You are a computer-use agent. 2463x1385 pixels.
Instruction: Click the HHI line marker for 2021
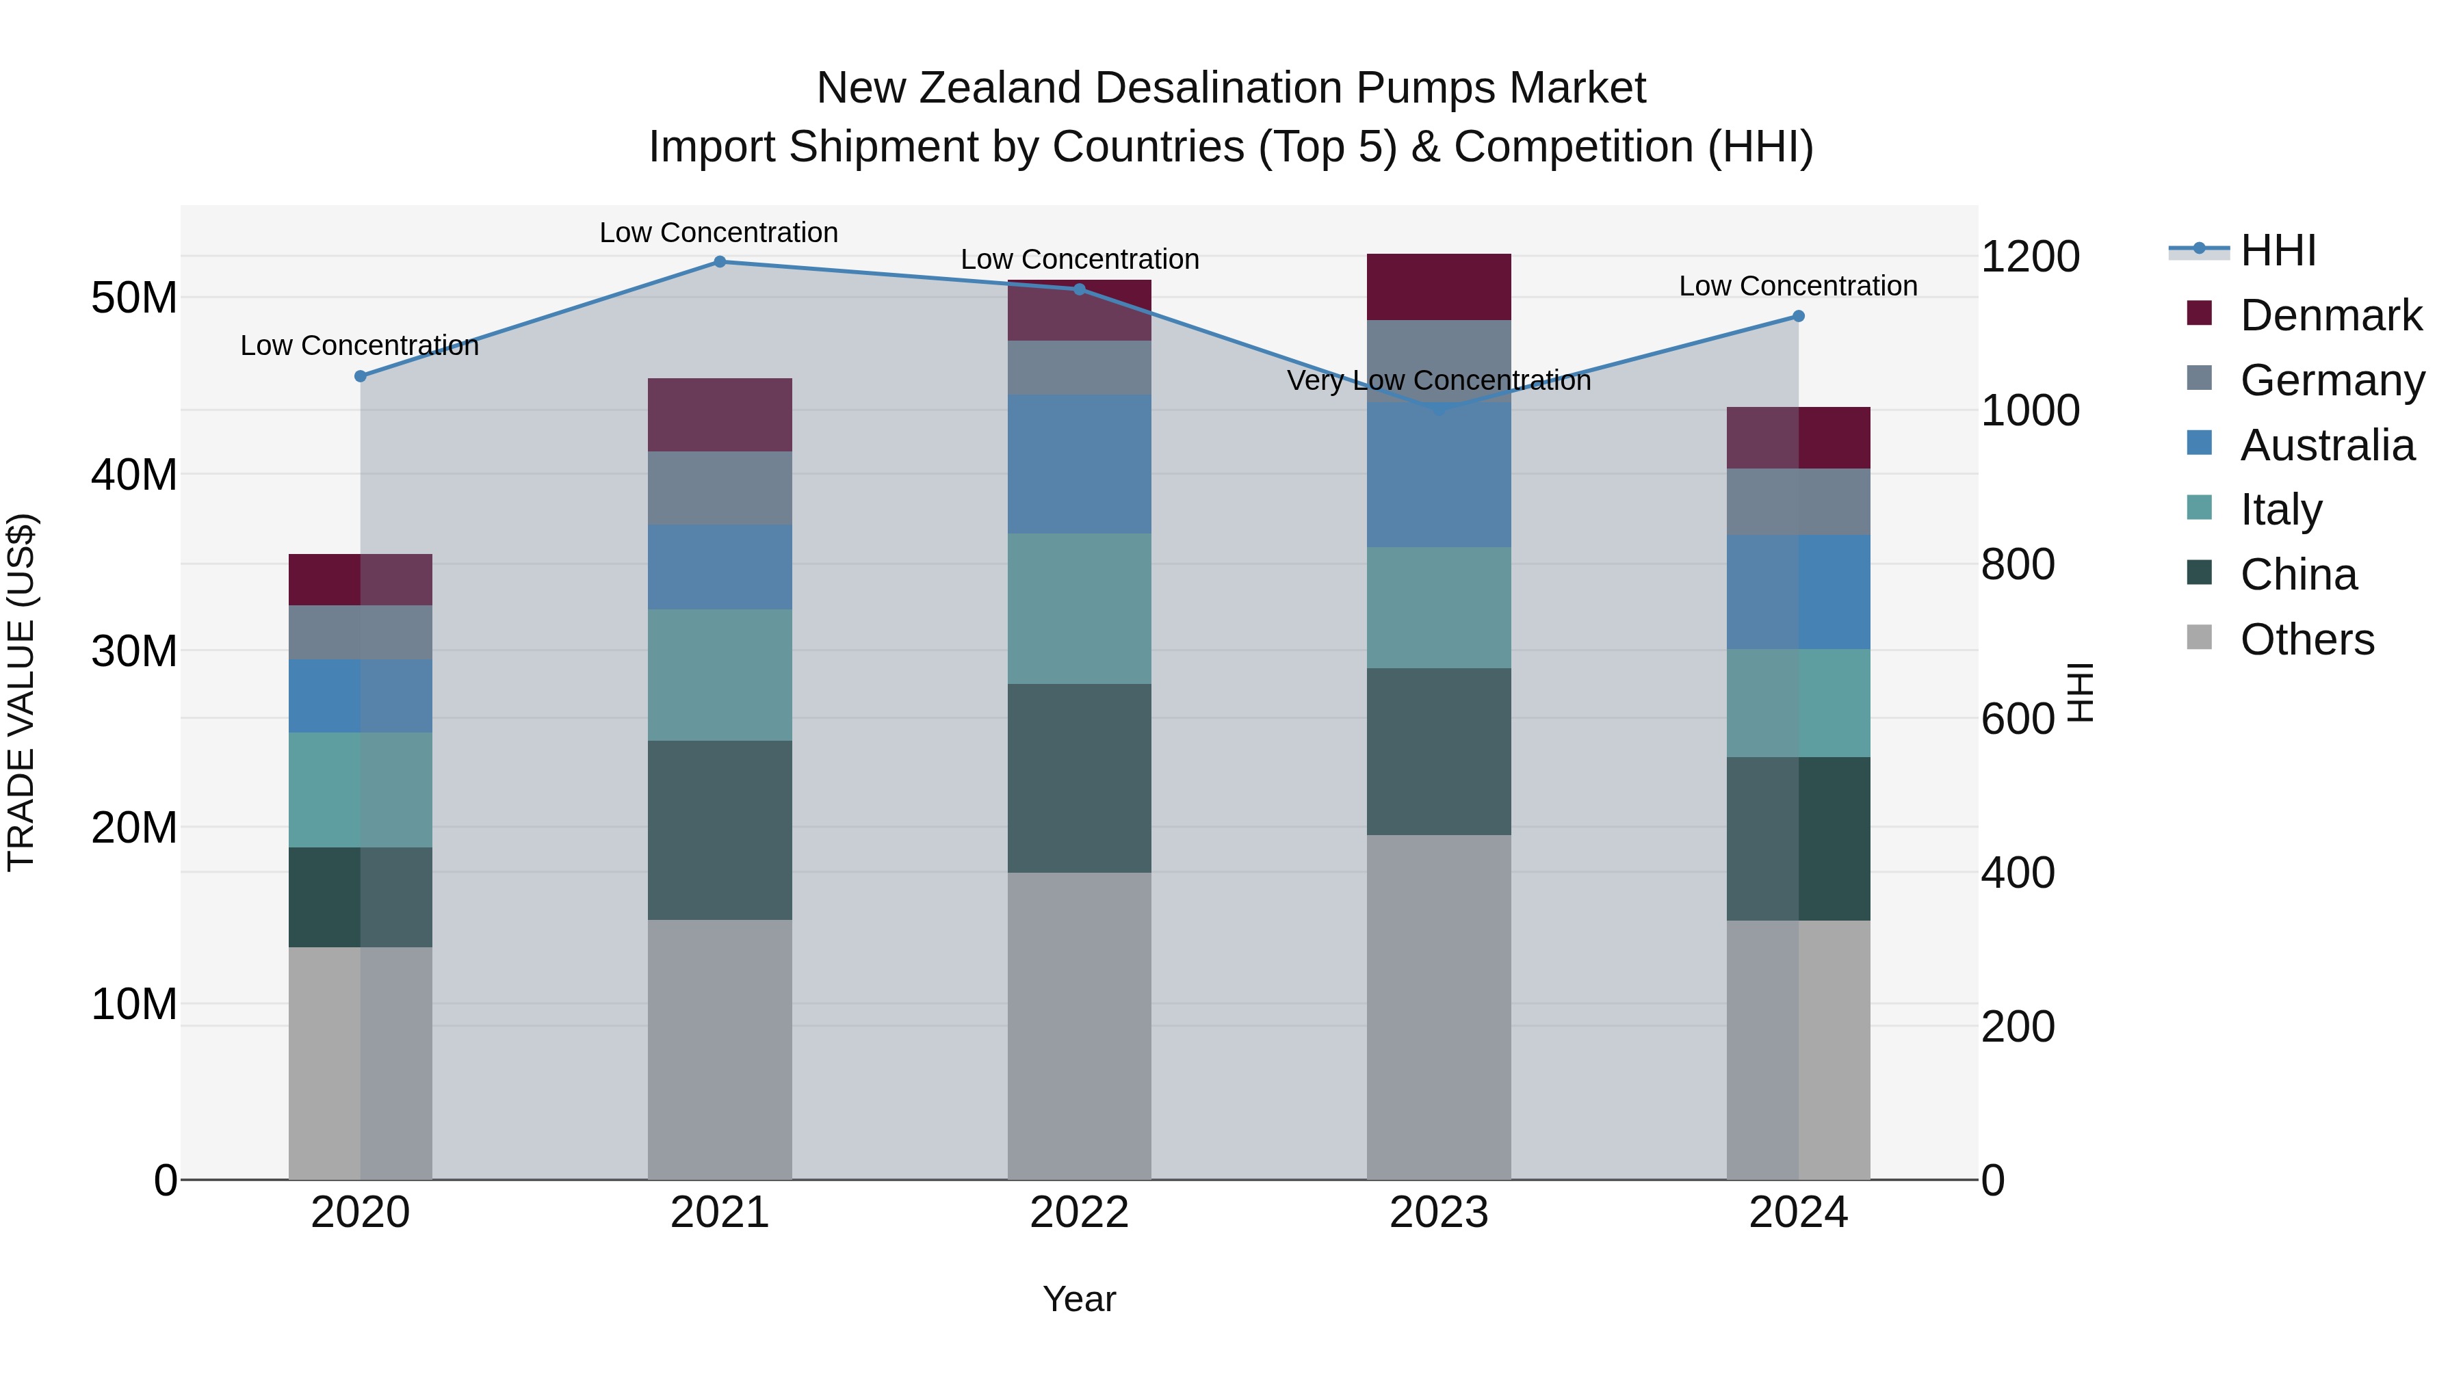pos(720,262)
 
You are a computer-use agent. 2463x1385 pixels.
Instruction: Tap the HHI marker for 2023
pos(1439,409)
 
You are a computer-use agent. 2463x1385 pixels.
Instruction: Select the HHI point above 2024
pos(1799,317)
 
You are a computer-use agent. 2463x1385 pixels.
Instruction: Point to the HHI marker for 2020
pos(361,377)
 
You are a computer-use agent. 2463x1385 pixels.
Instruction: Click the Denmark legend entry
pos(2330,315)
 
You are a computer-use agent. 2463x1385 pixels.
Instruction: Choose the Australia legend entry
pos(2326,445)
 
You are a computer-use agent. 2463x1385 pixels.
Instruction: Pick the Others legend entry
pos(2306,639)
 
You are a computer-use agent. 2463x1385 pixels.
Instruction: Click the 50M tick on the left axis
pos(134,298)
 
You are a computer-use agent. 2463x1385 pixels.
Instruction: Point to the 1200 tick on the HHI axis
pos(2030,257)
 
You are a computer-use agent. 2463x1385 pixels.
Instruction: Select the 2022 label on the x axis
pos(1080,1213)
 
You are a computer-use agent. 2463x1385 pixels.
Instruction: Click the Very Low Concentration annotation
pos(1439,380)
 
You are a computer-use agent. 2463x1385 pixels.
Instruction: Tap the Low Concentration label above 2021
pos(719,233)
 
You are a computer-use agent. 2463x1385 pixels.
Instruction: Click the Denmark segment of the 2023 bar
pos(1439,287)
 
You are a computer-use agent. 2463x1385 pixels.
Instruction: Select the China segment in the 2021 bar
pos(720,830)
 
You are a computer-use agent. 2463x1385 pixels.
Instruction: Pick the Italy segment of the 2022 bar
pos(1080,608)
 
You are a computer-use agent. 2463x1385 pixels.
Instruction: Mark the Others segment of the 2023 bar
pos(1439,1007)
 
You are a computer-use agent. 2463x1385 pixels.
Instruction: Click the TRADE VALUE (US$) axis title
pos(22,692)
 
